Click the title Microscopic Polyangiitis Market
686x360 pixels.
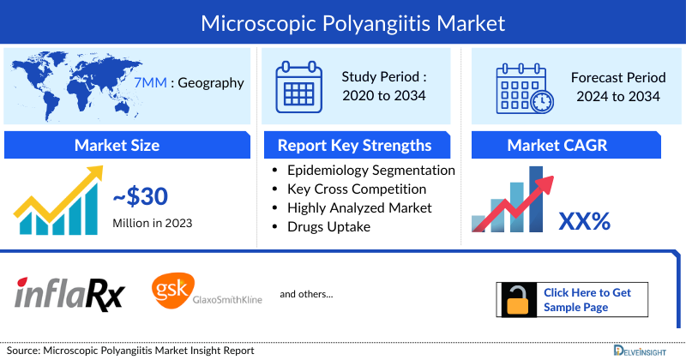[342, 21]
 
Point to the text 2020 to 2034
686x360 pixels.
[385, 95]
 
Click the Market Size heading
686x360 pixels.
[117, 145]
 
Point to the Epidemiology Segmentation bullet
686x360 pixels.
[370, 170]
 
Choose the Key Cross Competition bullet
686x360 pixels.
[357, 189]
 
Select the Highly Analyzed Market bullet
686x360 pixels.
[359, 207]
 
